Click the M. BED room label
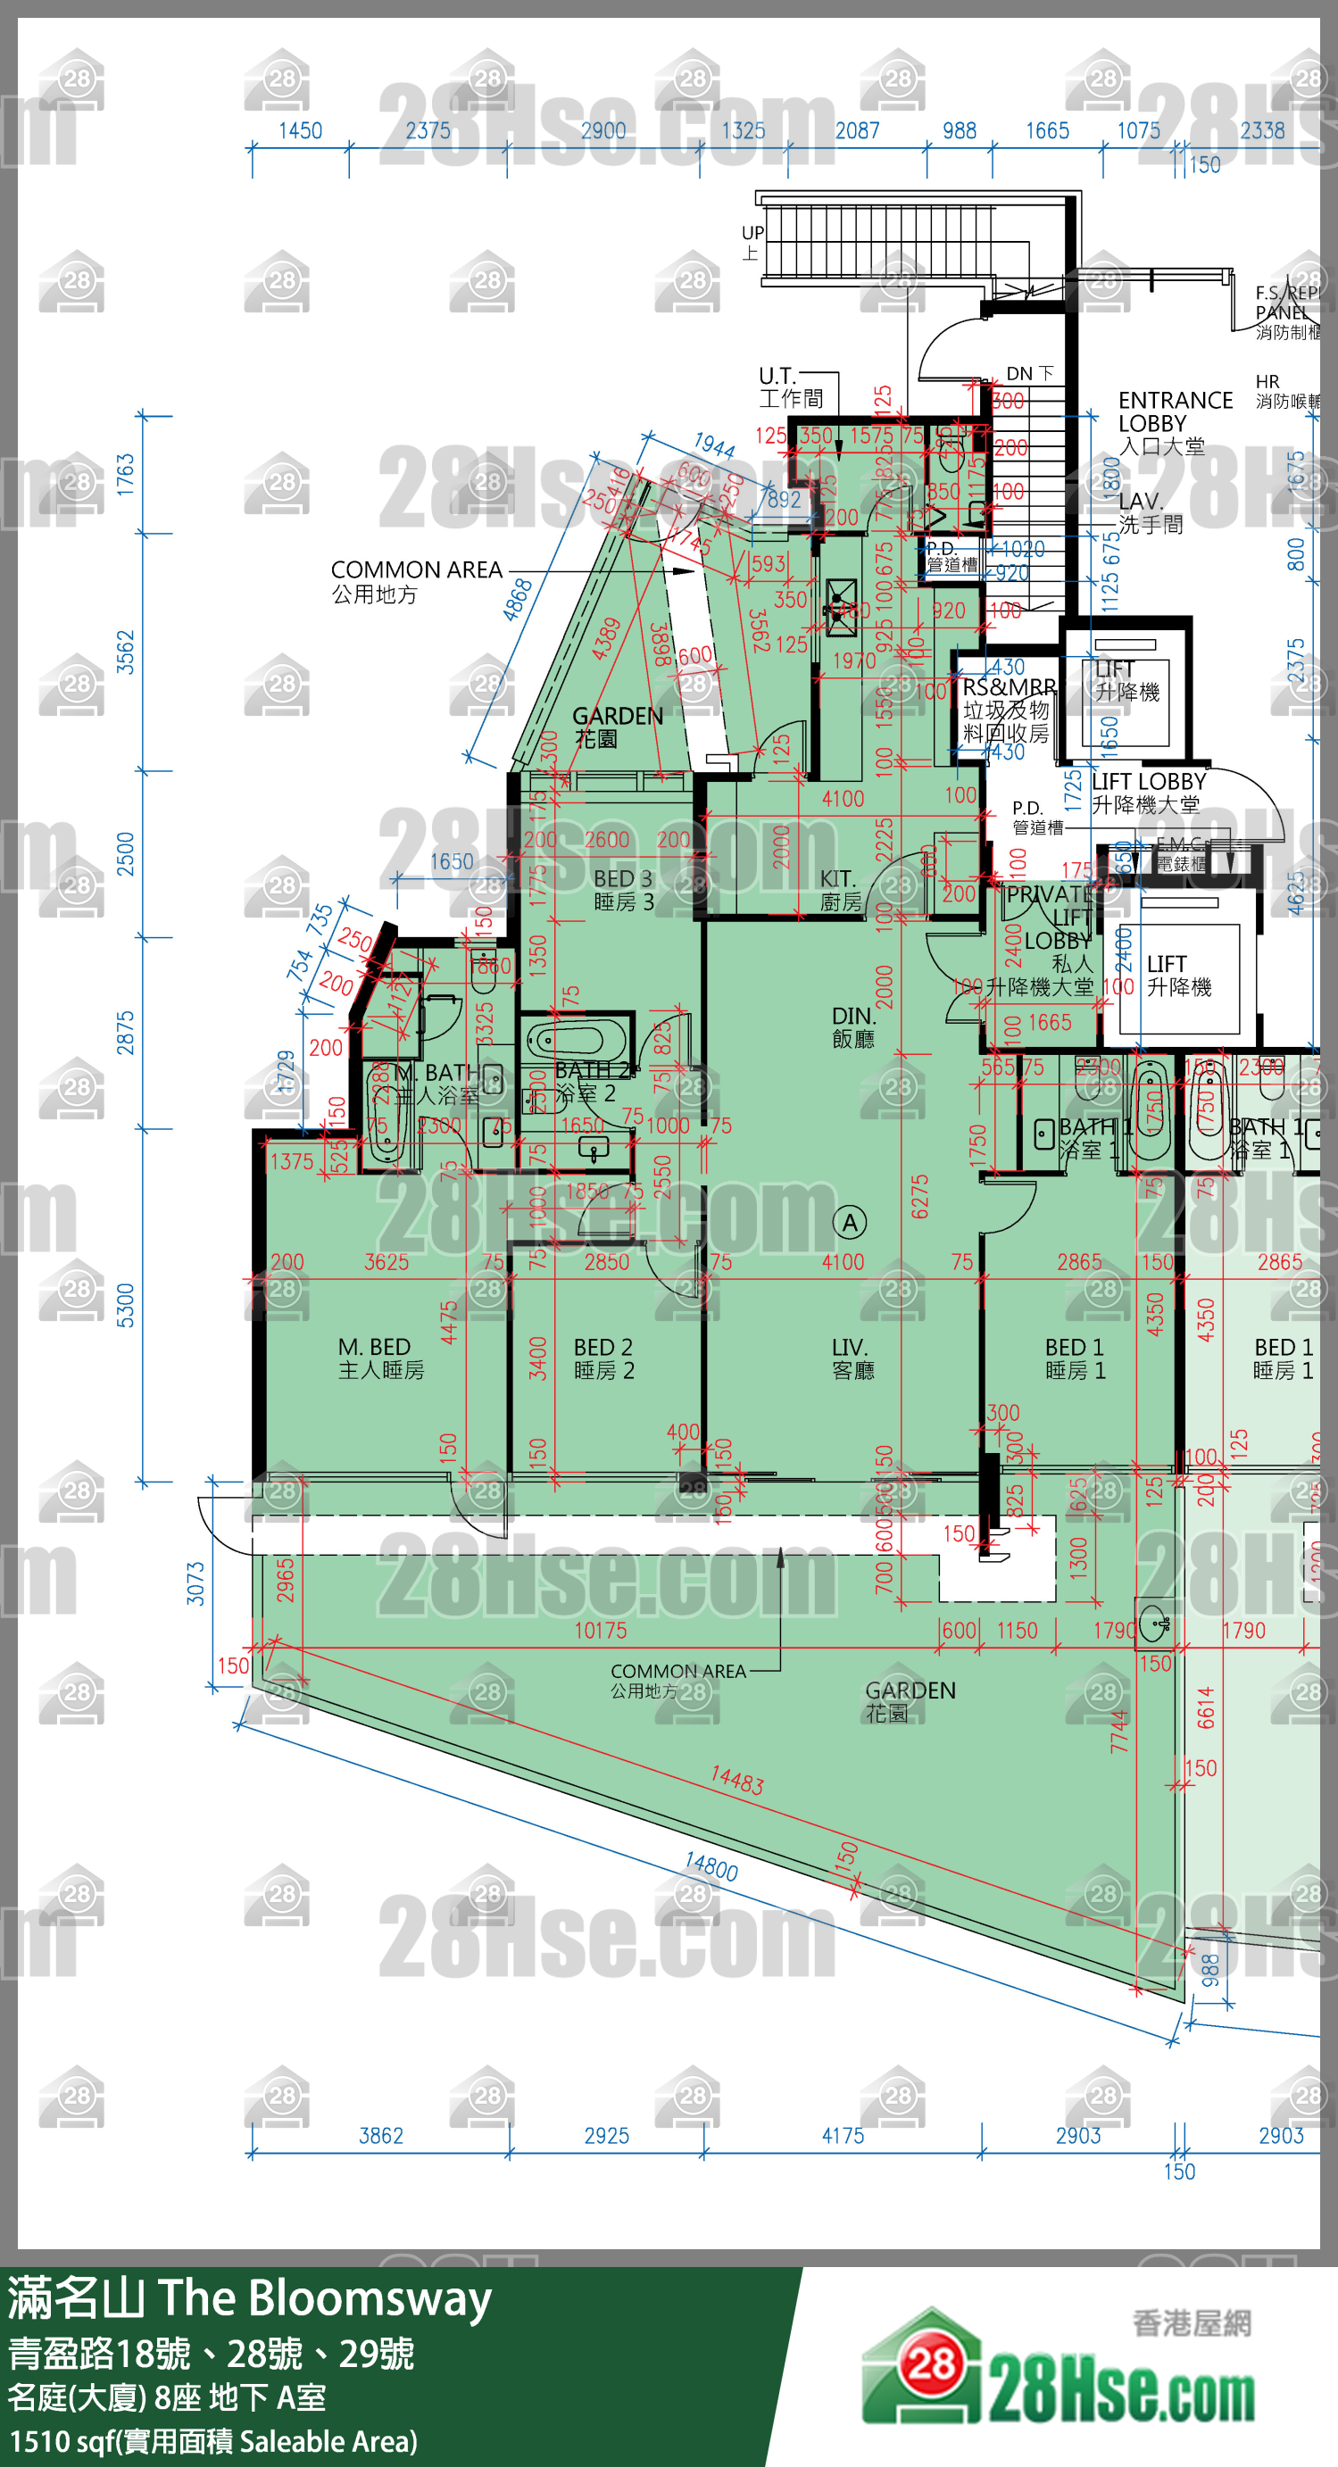pos(380,1358)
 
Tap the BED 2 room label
pos(603,1358)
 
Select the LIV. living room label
pos(852,1358)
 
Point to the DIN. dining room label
pos(852,1026)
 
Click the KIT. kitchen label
pos(840,890)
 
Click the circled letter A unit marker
pos(850,1223)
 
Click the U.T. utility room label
pos(789,386)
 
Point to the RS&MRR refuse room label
pos(1008,710)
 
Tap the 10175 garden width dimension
pos(601,1629)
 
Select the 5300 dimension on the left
pos(126,1305)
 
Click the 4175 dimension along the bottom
pos(843,2135)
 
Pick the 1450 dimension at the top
pos(300,130)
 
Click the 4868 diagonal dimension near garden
pos(517,600)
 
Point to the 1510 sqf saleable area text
pos(212,2440)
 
